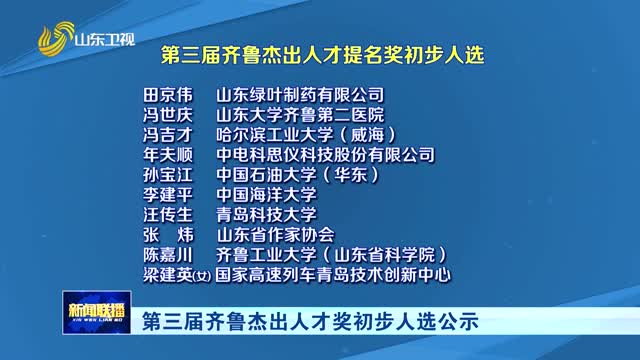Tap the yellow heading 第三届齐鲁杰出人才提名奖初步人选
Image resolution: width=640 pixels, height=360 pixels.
pyautogui.click(x=322, y=55)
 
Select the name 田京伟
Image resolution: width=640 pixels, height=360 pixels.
pyautogui.click(x=166, y=95)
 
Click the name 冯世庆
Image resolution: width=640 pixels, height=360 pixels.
pyautogui.click(x=166, y=115)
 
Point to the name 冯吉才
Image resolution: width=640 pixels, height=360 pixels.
pyautogui.click(x=166, y=135)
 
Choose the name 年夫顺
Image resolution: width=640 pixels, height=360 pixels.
pyautogui.click(x=166, y=155)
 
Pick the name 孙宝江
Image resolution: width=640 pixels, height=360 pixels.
pyautogui.click(x=166, y=175)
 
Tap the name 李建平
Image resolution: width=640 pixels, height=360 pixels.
pyautogui.click(x=166, y=194)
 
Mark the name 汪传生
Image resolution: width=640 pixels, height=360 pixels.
pyautogui.click(x=166, y=214)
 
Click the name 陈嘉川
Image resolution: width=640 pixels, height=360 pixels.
pyautogui.click(x=166, y=254)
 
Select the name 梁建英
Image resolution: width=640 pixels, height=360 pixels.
pyautogui.click(x=166, y=273)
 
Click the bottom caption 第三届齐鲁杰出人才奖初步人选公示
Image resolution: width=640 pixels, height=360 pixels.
pyautogui.click(x=310, y=322)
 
